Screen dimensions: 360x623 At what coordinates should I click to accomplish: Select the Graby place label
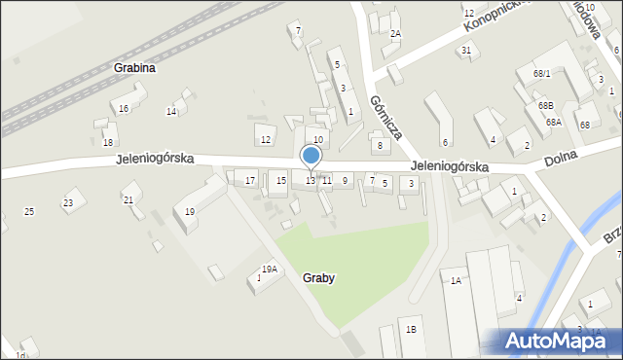[x=318, y=277]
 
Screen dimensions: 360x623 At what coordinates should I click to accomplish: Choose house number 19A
[x=270, y=270]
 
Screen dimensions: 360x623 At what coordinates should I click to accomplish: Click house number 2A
[x=395, y=34]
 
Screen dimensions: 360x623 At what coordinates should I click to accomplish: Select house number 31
[x=466, y=51]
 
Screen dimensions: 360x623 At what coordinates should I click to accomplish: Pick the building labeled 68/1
[x=542, y=74]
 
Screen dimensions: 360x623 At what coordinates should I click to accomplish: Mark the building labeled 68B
[x=545, y=105]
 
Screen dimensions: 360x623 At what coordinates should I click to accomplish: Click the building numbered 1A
[x=455, y=281]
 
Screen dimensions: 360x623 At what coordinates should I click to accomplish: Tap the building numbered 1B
[x=411, y=329]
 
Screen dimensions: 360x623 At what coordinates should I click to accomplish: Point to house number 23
[x=68, y=202]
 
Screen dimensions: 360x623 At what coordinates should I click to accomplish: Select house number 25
[x=29, y=211]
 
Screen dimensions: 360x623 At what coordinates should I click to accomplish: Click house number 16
[x=124, y=108]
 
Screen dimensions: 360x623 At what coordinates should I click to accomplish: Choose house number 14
[x=171, y=111]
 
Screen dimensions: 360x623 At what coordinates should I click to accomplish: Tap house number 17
[x=250, y=180]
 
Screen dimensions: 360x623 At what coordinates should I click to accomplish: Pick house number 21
[x=128, y=199]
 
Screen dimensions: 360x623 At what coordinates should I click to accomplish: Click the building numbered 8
[x=381, y=145]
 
